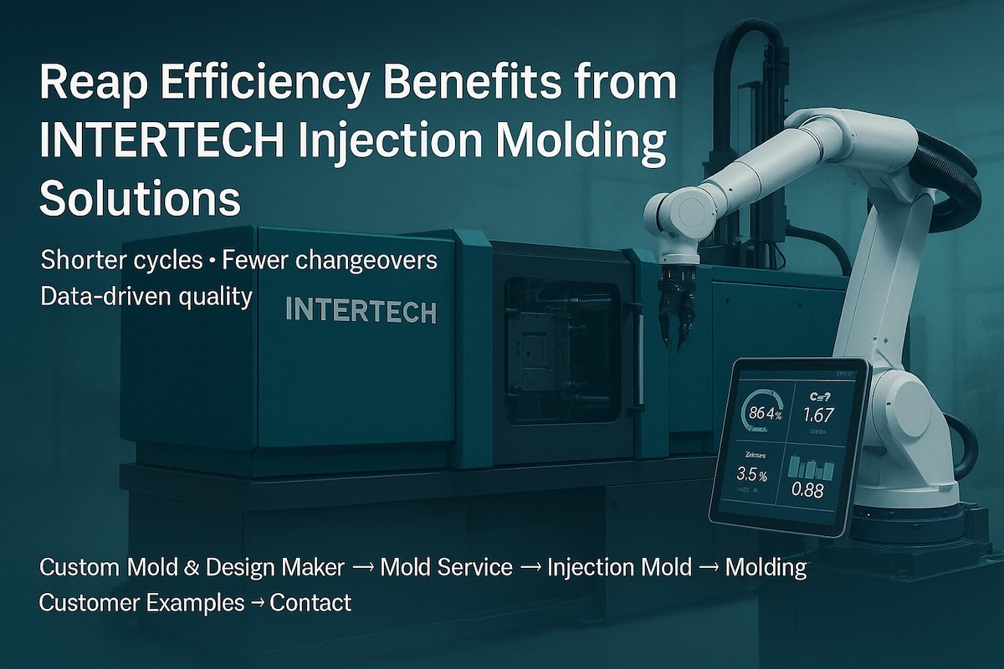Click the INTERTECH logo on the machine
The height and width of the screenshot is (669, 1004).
click(360, 311)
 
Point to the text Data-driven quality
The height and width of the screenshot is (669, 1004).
click(146, 297)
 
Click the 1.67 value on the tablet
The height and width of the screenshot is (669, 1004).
click(817, 415)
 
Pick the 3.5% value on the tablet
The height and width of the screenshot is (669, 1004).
click(752, 474)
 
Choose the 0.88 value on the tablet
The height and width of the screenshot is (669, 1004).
click(807, 490)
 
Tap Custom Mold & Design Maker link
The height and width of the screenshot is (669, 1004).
click(192, 568)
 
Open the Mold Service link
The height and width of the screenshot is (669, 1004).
click(446, 568)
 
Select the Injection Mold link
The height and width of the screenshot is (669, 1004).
click(619, 568)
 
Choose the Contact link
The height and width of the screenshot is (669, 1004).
click(310, 602)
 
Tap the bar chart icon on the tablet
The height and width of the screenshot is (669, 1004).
click(810, 467)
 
